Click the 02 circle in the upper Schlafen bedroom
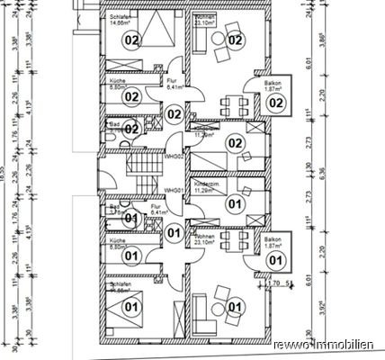131,40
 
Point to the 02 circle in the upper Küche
131,96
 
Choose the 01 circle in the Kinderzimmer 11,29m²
235,205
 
